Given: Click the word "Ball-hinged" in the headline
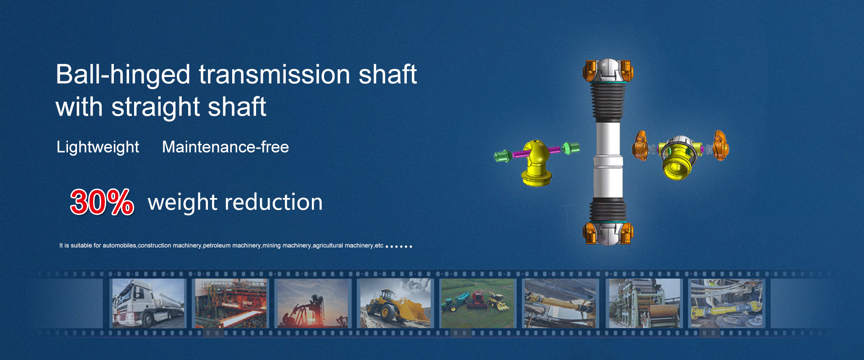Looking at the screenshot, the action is click(x=123, y=75).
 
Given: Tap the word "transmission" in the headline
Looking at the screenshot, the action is click(x=274, y=74).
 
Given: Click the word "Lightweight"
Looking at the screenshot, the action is click(x=98, y=148).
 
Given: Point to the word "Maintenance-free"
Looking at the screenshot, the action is click(x=225, y=147).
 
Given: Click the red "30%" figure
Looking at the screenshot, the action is click(x=102, y=202).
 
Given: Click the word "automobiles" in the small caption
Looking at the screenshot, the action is click(x=119, y=245).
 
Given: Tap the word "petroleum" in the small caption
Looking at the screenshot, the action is click(x=217, y=246).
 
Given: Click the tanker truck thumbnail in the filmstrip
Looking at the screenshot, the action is click(x=148, y=303).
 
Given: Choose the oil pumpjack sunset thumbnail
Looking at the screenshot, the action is click(x=312, y=303).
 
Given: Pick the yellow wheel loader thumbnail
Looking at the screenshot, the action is click(x=395, y=303).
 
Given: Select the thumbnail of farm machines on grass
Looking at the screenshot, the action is click(x=477, y=303).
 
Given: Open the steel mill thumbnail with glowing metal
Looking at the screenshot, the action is click(x=230, y=303).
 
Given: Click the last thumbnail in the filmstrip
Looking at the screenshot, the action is click(x=727, y=303).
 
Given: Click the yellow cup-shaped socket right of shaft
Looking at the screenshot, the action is click(x=677, y=159).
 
